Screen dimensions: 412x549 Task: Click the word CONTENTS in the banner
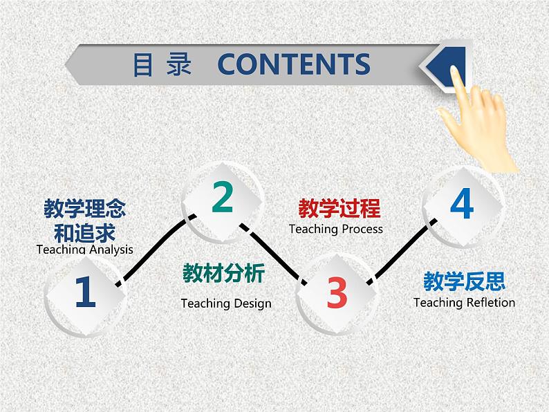294,64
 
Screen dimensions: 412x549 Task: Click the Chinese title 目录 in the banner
162,64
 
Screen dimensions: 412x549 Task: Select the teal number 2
223,198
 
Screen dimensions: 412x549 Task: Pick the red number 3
337,293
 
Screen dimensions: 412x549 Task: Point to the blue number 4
461,204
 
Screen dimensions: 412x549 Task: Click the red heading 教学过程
339,208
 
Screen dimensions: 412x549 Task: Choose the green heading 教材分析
223,274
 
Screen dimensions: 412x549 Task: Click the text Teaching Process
335,229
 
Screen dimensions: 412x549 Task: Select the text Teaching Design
226,303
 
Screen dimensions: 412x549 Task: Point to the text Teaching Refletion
464,302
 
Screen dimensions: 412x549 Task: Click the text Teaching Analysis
84,250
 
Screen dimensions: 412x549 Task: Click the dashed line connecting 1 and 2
156,248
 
